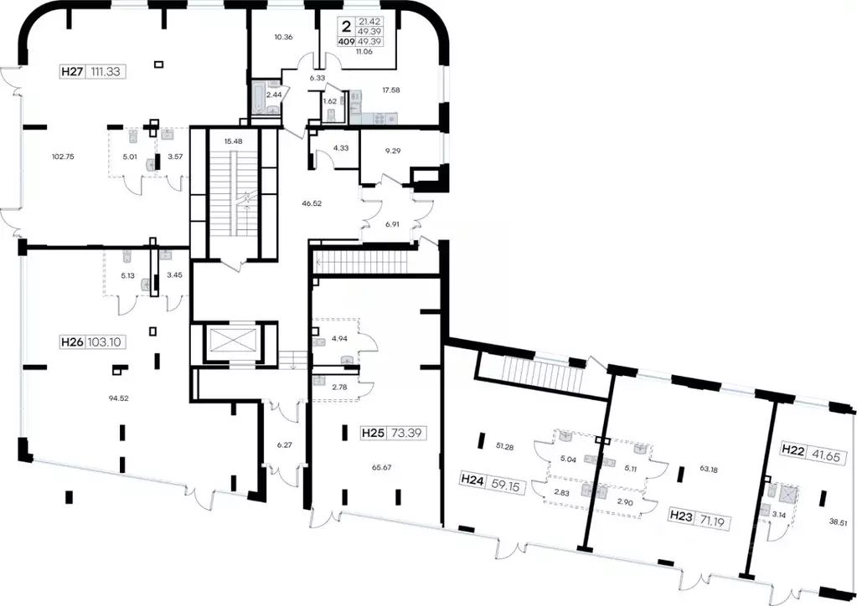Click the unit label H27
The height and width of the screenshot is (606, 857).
point(72,71)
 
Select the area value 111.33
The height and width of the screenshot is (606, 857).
point(105,71)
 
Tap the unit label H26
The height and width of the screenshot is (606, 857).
point(71,342)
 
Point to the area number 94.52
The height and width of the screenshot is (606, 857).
point(119,398)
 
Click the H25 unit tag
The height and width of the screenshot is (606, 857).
point(373,434)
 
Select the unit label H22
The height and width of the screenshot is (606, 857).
point(793,449)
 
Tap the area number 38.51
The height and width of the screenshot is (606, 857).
point(839,522)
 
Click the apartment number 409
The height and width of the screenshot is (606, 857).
point(347,42)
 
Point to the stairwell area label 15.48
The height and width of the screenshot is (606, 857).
point(234,141)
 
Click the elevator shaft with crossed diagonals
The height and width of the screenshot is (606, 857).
point(233,341)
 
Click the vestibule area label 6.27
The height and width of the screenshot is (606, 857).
point(284,445)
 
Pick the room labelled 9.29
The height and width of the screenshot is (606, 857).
point(393,150)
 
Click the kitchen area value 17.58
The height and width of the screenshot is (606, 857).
point(390,90)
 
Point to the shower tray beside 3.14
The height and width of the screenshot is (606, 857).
point(787,495)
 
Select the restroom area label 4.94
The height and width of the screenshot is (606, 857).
point(339,338)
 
